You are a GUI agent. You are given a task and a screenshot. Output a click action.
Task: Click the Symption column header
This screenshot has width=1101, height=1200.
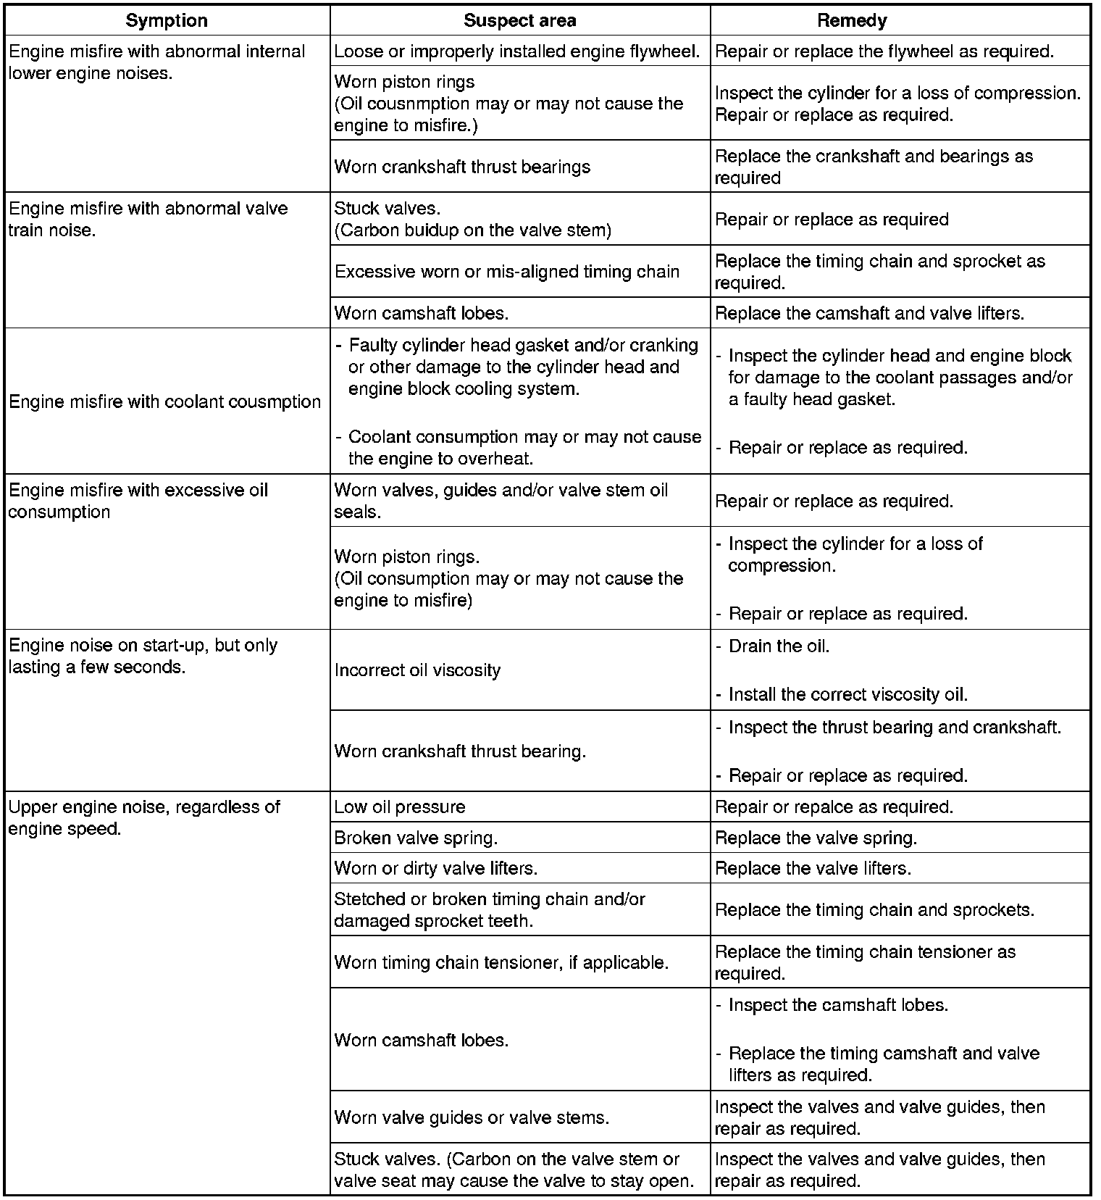[167, 20]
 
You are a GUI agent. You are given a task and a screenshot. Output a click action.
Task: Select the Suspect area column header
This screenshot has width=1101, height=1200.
[519, 20]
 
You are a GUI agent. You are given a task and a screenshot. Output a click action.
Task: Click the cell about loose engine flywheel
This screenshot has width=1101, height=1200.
[517, 51]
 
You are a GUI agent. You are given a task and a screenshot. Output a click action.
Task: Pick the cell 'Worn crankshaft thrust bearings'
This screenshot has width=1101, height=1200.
[462, 167]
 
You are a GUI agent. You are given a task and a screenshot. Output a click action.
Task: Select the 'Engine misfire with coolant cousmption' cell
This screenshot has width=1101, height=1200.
[165, 401]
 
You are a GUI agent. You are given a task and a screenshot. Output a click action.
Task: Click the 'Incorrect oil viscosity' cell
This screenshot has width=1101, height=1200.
[417, 670]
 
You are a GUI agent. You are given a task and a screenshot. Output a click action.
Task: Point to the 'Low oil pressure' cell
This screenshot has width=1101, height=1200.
[400, 807]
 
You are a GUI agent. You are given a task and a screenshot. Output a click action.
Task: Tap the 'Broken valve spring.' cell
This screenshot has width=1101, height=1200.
[416, 838]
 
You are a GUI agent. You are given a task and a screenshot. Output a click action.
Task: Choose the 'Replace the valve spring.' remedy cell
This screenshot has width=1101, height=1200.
[816, 838]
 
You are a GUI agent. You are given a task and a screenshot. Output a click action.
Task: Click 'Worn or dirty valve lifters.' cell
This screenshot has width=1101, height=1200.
[436, 868]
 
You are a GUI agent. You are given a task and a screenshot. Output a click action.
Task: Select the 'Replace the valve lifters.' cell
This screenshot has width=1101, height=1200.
[813, 868]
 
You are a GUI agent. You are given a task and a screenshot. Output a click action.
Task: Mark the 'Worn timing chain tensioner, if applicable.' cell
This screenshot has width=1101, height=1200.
[501, 962]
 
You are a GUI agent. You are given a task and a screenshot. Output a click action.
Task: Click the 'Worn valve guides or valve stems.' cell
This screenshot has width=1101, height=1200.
[472, 1117]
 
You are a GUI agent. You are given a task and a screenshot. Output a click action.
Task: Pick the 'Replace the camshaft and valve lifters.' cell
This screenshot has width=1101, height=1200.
[870, 313]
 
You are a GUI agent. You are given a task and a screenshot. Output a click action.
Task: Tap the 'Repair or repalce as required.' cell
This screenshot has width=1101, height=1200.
[834, 807]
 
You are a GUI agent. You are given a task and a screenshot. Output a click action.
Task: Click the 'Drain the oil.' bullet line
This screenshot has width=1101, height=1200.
[779, 646]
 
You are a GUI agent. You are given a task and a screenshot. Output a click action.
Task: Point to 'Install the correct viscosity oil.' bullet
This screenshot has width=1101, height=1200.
[847, 694]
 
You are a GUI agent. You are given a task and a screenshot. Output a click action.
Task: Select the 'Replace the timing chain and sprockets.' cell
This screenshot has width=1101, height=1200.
[875, 909]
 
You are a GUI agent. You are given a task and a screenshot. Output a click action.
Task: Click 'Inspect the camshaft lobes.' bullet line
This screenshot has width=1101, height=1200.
[838, 1005]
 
